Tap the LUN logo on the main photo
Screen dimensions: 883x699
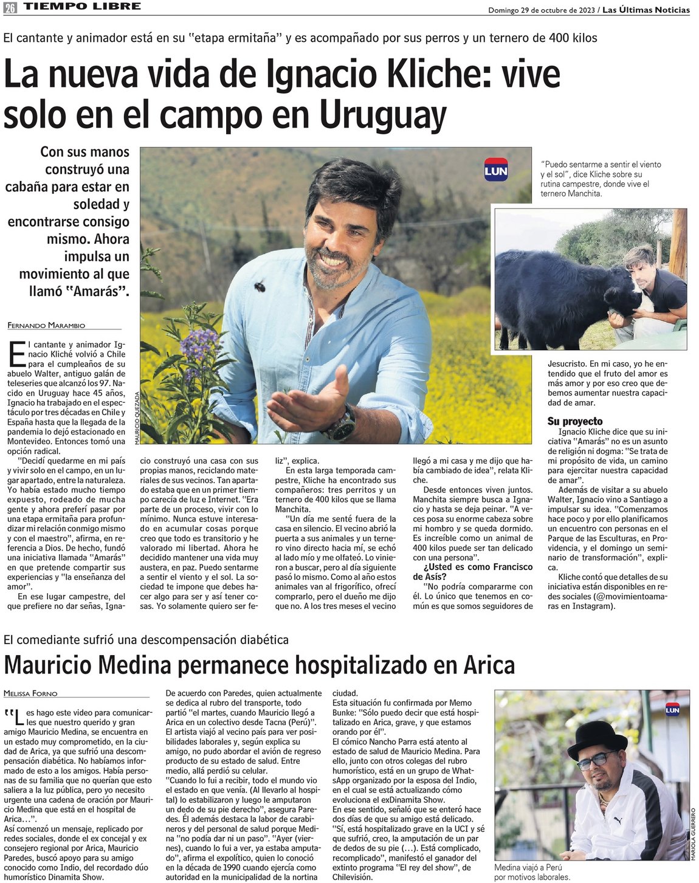[x=496, y=170]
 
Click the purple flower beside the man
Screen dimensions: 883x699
[x=200, y=344]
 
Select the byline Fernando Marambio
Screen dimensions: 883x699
[x=46, y=326]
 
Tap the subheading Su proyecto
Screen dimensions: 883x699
[x=574, y=421]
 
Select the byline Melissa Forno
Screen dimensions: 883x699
[x=30, y=693]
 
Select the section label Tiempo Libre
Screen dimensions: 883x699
[x=82, y=7]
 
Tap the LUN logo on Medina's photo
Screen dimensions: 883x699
[x=672, y=710]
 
